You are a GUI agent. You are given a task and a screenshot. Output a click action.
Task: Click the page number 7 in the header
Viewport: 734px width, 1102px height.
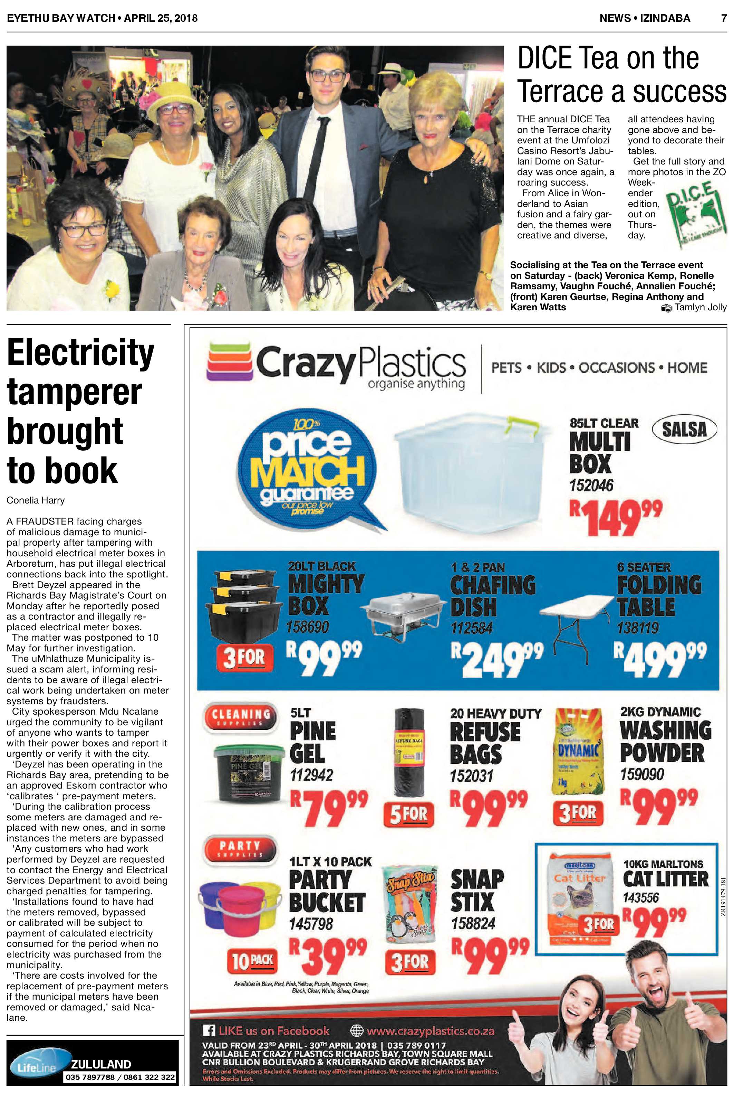(x=724, y=18)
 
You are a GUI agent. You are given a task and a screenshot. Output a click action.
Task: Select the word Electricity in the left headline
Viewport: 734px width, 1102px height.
(x=80, y=353)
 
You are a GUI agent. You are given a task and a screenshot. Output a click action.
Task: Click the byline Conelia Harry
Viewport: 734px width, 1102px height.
(x=36, y=500)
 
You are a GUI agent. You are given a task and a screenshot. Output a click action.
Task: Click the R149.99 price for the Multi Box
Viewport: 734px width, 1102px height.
(x=615, y=517)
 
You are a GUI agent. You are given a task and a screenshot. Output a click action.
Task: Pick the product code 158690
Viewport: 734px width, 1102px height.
(x=308, y=627)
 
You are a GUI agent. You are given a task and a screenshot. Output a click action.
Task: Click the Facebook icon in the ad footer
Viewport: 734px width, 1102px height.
(x=209, y=1031)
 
